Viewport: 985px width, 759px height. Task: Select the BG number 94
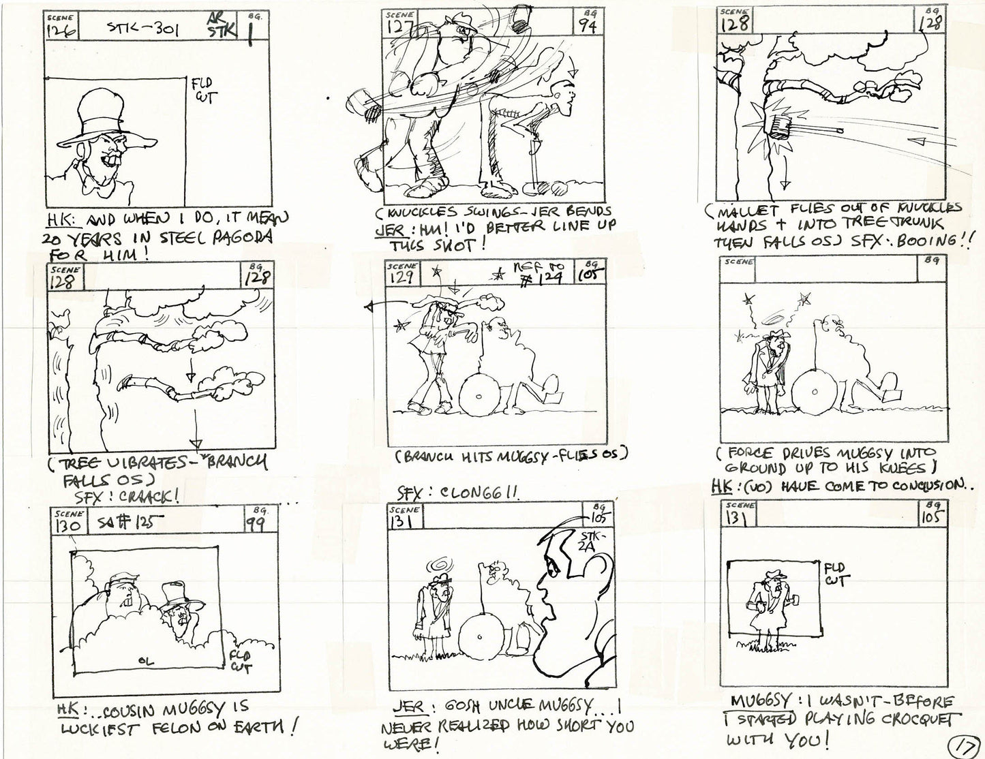click(588, 26)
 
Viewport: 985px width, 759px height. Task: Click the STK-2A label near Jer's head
click(588, 539)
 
